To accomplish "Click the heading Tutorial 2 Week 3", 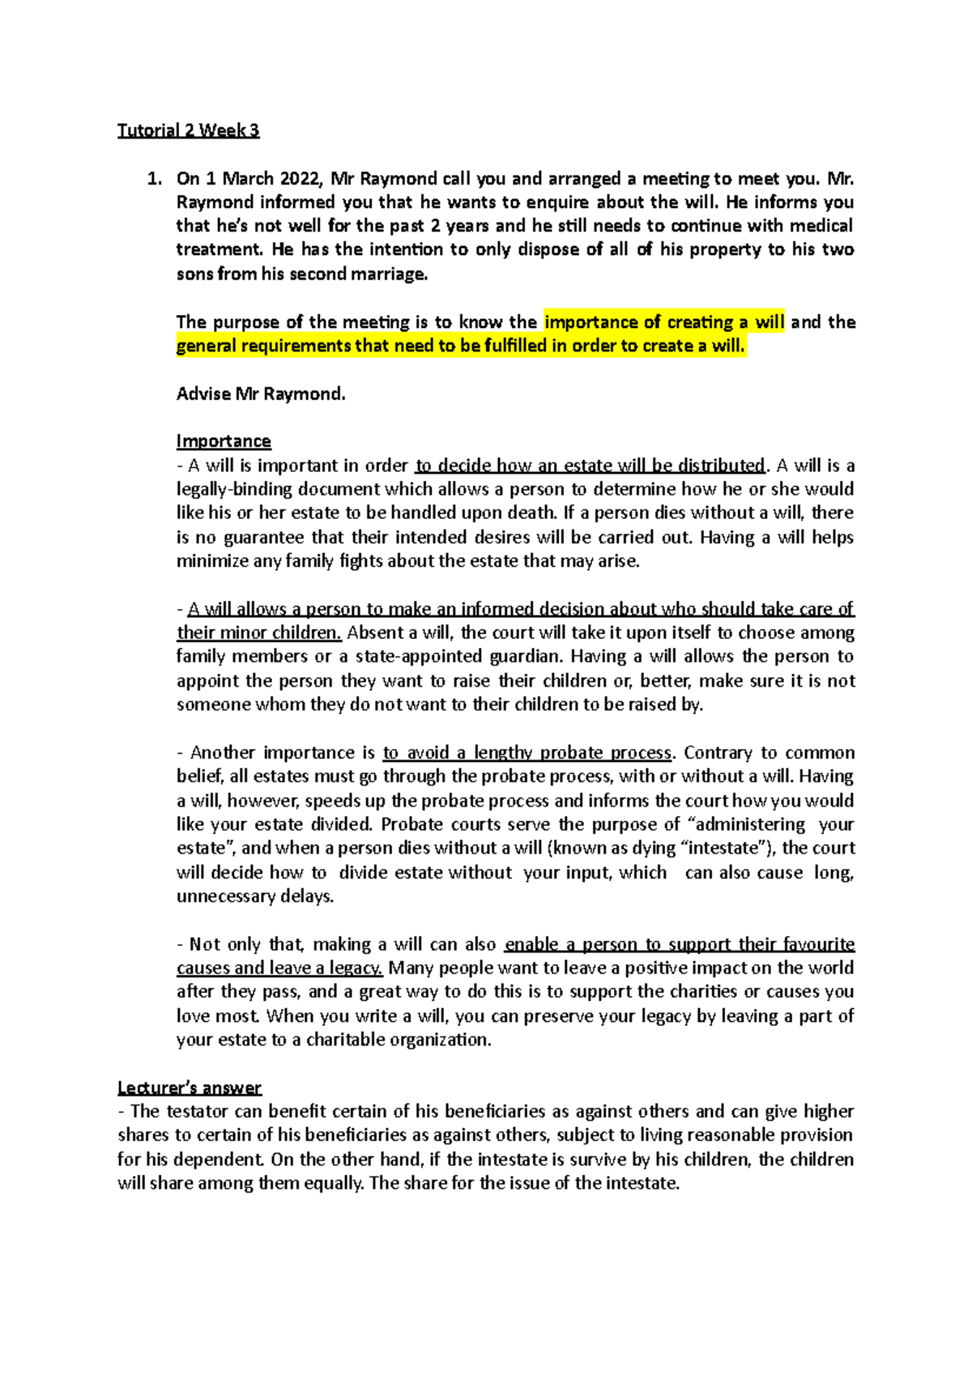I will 188,130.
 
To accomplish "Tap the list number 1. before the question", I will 154,179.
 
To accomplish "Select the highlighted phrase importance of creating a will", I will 664,322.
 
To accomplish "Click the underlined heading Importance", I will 224,441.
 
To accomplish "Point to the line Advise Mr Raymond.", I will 261,394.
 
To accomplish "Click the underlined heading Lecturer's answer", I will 190,1088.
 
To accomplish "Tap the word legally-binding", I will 235,489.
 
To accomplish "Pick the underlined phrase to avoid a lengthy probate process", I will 527,753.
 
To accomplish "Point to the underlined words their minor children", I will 258,632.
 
